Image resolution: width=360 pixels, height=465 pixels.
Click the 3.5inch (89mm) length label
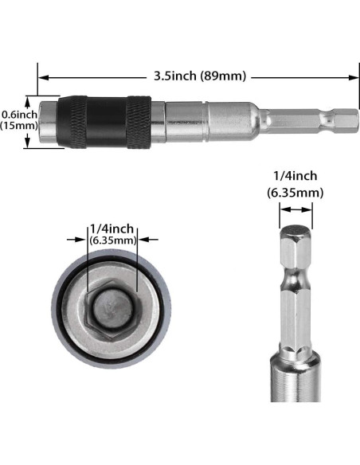tap(200, 76)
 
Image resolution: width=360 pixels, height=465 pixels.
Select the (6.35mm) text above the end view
tap(112, 239)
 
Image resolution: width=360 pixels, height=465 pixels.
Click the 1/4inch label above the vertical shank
tap(295, 176)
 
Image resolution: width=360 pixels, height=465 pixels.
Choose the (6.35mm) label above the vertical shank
tap(295, 192)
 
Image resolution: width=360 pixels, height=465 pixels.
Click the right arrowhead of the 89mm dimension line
tap(355, 77)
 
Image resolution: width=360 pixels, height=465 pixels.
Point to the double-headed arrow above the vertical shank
tap(295, 210)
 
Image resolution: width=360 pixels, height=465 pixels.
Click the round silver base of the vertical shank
tap(295, 414)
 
